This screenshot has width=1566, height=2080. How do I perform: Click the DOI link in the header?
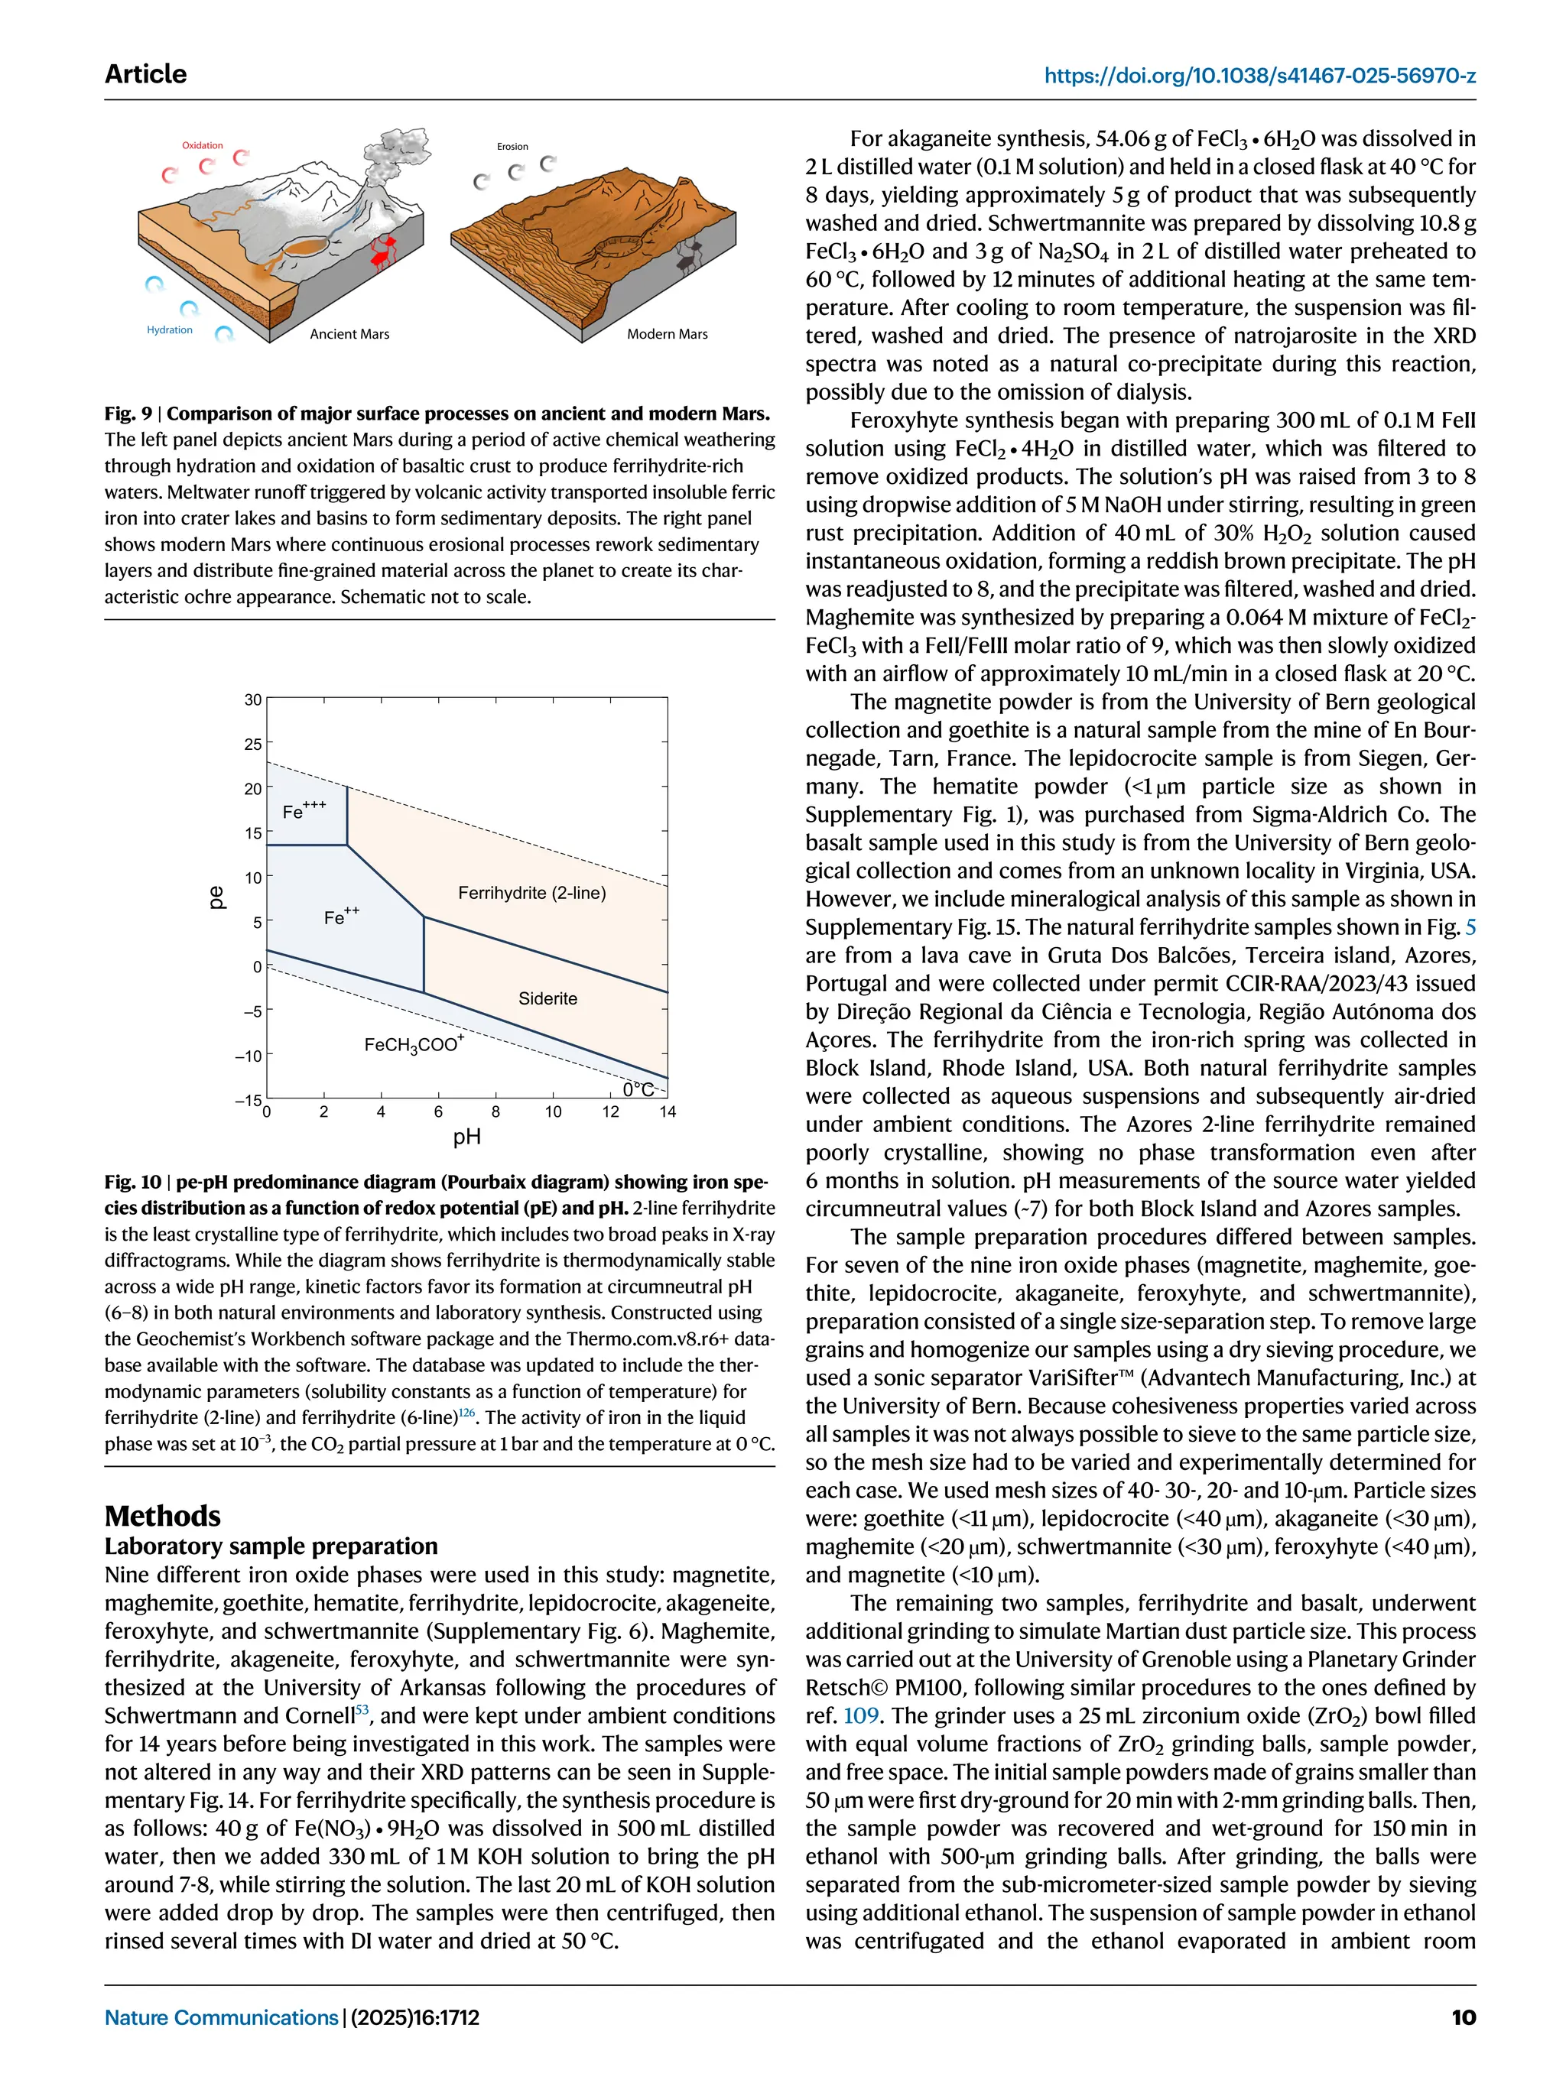pos(1259,75)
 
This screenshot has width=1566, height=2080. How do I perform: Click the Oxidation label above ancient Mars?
pos(202,146)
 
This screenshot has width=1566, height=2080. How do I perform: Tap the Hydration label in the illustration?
pos(169,330)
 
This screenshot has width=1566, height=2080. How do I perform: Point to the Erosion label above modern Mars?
pos(512,147)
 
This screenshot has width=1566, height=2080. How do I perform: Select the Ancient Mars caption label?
pos(349,334)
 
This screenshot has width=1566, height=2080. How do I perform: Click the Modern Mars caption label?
pos(667,334)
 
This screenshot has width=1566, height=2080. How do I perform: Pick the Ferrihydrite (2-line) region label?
pos(531,892)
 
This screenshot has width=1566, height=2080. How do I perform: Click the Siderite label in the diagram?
pos(547,998)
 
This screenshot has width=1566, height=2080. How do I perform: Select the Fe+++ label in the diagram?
pos(304,810)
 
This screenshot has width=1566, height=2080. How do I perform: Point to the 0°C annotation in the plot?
pos(638,1089)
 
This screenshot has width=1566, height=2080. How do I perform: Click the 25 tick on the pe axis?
pos(253,745)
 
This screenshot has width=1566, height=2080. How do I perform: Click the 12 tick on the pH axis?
pos(610,1112)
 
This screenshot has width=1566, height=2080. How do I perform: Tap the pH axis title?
pos(466,1137)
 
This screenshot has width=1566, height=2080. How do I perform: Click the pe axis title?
pos(216,897)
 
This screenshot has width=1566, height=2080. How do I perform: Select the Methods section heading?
pos(162,1516)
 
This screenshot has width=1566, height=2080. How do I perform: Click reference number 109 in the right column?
pos(860,1716)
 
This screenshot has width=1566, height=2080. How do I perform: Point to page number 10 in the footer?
pos(1463,2018)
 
